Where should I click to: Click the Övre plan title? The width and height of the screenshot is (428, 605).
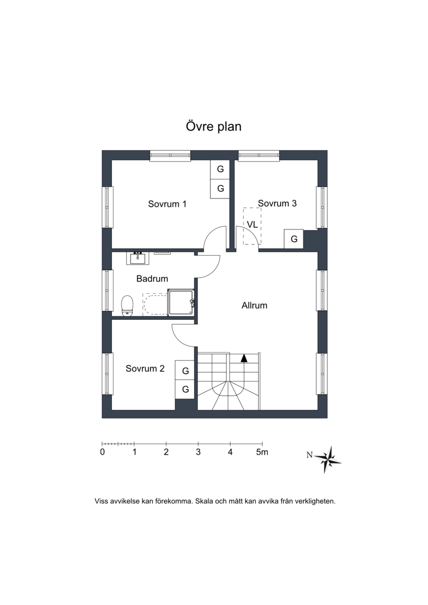click(x=213, y=127)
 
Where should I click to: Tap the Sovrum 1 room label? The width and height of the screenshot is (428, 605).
click(x=167, y=204)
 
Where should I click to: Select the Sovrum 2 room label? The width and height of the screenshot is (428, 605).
click(x=145, y=369)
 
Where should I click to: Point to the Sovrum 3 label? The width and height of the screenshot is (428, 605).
click(x=277, y=203)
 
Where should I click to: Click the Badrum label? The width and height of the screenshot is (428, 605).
click(x=152, y=279)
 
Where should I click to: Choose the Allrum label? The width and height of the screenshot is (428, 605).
click(x=254, y=305)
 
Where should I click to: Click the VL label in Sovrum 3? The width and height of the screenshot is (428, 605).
click(x=252, y=225)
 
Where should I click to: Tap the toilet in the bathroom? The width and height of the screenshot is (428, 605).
click(x=127, y=305)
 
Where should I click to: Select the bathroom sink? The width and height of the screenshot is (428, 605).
click(x=137, y=258)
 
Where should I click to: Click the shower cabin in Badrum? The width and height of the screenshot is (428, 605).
click(x=181, y=302)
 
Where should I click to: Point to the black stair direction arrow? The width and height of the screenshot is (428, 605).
click(x=244, y=358)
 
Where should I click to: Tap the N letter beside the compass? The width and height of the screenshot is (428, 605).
click(x=310, y=455)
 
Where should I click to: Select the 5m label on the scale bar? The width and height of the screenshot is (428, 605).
click(x=262, y=452)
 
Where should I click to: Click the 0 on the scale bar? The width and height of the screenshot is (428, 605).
click(x=102, y=452)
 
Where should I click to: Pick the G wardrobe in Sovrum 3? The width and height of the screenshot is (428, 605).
click(x=294, y=239)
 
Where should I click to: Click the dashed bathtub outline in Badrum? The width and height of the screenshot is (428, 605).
click(x=155, y=304)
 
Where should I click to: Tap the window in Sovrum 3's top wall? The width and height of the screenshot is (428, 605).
click(x=259, y=155)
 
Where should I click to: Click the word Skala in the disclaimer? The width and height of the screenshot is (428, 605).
click(x=204, y=502)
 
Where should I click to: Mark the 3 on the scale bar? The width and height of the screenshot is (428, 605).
click(x=198, y=452)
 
